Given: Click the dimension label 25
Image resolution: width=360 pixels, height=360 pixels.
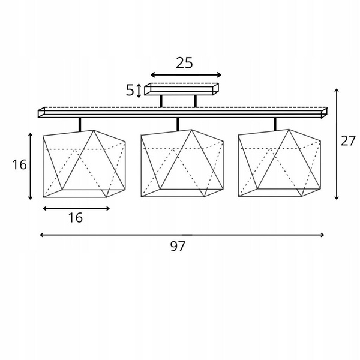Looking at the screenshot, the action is point(184,63).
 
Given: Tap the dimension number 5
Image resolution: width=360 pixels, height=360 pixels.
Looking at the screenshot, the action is point(130,90).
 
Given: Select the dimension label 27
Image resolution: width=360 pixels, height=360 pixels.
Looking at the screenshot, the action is point(348,140).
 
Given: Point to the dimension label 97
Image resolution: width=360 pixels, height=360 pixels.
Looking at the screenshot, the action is point(178,246).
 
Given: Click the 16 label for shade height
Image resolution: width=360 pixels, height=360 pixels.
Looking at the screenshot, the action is point(19,164).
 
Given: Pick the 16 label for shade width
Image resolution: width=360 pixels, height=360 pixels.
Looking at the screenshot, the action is point(76,217).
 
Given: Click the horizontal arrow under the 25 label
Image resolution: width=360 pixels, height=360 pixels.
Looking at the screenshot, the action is point(186,75).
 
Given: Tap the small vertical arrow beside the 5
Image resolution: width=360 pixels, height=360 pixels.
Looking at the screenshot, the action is point(139,91).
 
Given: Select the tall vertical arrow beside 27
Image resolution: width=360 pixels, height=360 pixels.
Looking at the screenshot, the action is point(337,144).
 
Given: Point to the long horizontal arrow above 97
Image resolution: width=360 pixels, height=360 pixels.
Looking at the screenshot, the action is point(182,235).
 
